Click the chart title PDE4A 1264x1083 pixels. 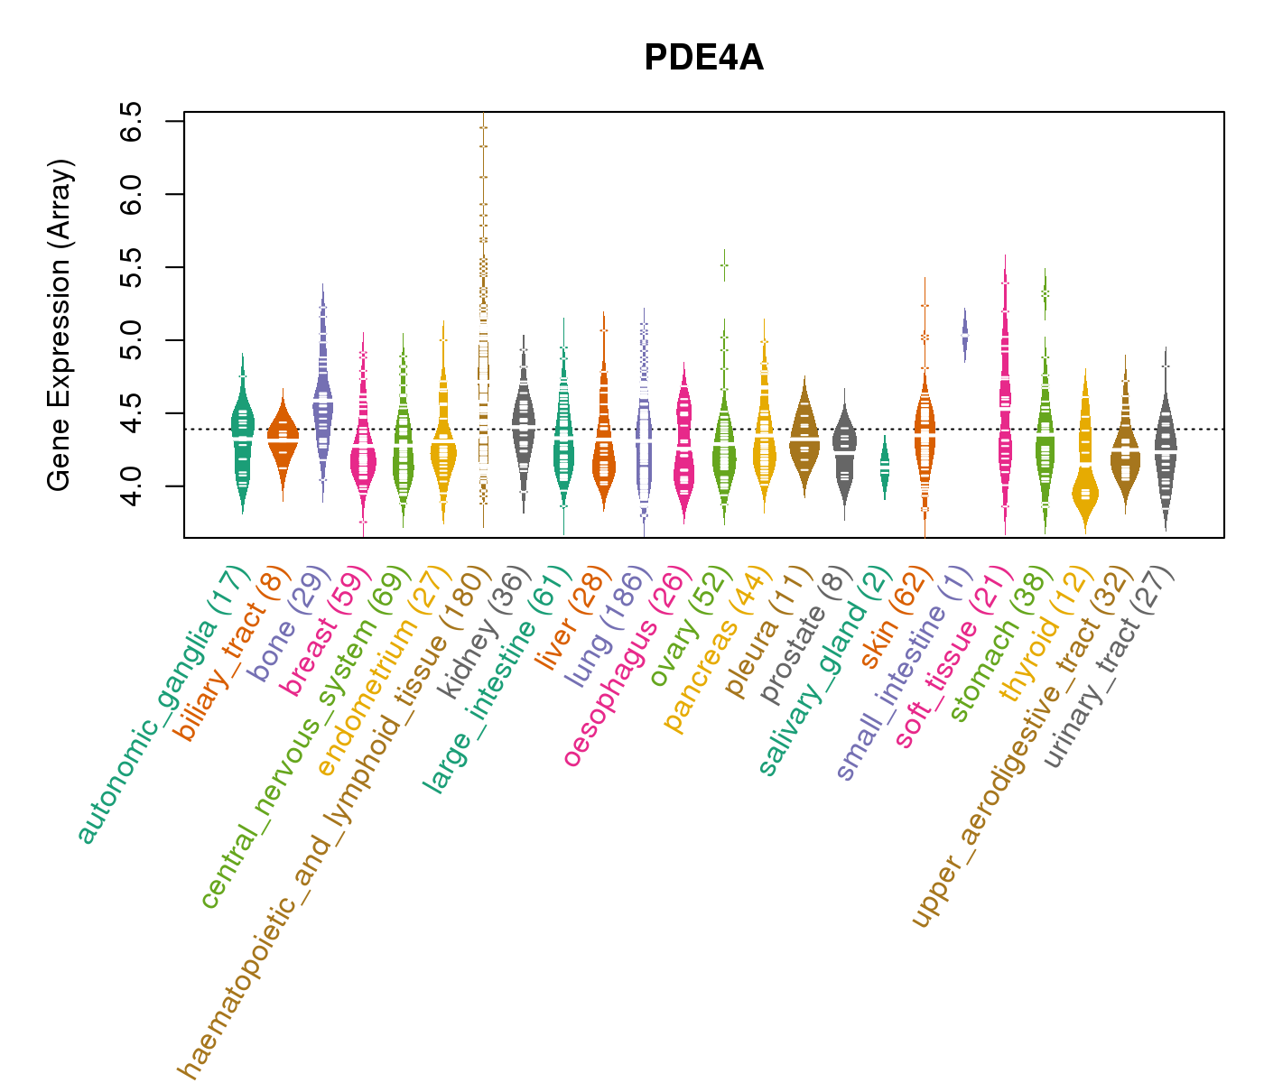coord(703,59)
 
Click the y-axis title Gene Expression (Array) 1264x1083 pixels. coord(60,325)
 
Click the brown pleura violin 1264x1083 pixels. coord(804,435)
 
